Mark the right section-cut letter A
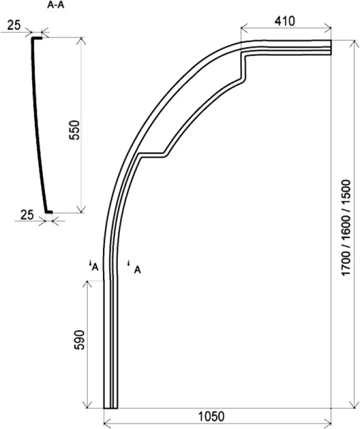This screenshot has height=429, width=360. pos(136,269)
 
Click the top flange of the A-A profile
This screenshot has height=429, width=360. pos(36,39)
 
